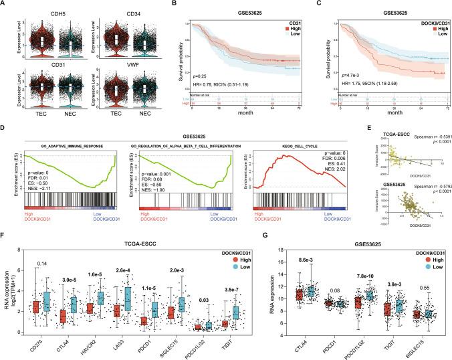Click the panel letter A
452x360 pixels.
(4, 4)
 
